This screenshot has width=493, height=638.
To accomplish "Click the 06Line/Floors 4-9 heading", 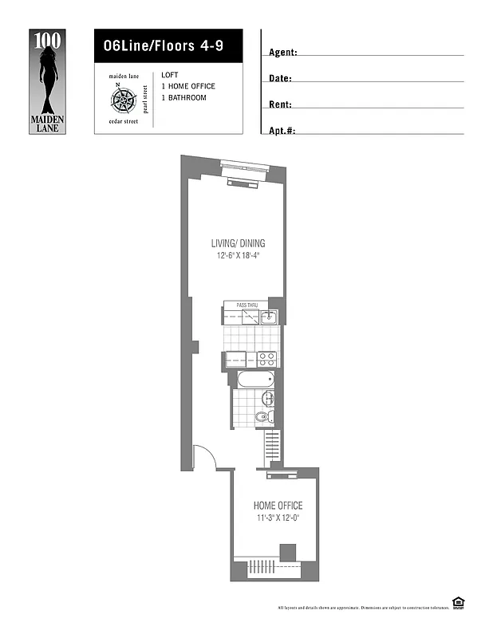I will click(x=157, y=46).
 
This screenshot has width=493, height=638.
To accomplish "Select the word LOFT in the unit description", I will click(x=169, y=75).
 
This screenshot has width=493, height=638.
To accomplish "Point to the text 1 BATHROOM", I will click(x=183, y=97).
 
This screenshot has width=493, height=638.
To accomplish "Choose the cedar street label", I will click(x=123, y=121).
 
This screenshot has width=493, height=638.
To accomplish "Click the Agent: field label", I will click(x=283, y=53).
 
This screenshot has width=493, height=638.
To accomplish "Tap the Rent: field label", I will click(x=280, y=104).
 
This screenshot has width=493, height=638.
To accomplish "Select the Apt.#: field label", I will click(x=282, y=130).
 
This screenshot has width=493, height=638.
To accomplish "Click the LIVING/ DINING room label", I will click(x=238, y=243).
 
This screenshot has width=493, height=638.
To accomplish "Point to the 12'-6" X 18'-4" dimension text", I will click(x=238, y=255).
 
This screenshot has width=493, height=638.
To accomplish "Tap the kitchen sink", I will click(x=269, y=317).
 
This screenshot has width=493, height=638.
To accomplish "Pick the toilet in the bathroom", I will click(x=260, y=416).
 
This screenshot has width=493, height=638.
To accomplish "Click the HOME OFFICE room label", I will click(x=278, y=506).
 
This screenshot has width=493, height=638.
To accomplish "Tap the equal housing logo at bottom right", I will click(x=458, y=603).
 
